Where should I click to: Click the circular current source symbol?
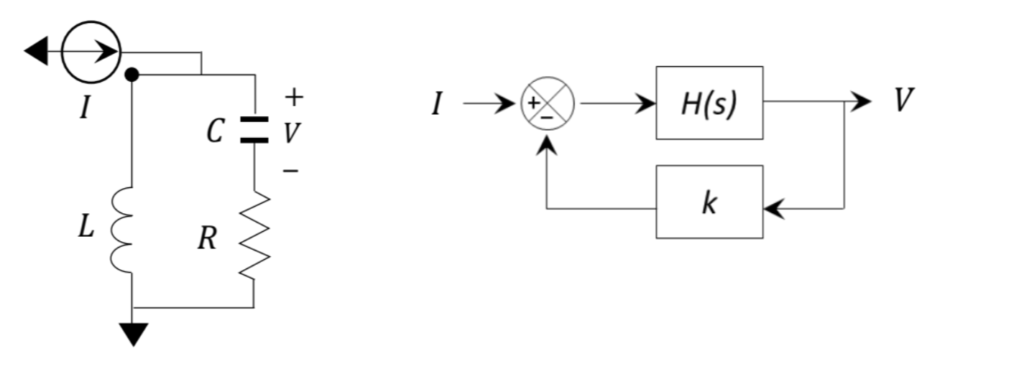91,52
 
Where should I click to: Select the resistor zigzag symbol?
254,235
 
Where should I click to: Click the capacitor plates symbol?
254,130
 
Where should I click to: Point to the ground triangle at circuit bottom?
133,334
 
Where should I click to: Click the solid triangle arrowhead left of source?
37,52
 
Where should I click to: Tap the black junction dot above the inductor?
132,74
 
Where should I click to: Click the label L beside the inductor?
86,229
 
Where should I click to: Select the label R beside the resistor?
207,240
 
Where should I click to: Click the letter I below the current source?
86,109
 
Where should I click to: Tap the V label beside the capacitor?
290,132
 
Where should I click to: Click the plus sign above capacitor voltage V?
294,95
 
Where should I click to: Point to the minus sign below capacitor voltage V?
290,171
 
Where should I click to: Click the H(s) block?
709,103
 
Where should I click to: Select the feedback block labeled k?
709,202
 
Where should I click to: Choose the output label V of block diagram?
903,101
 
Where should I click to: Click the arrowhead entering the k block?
773,209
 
